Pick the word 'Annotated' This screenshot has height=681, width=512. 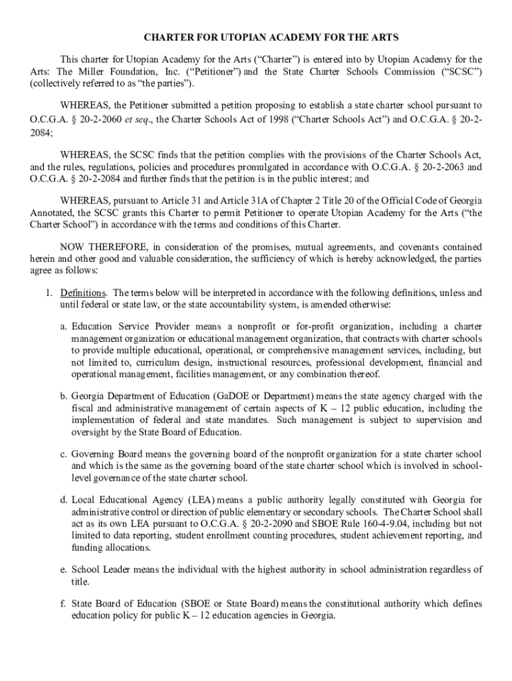[x=51, y=213]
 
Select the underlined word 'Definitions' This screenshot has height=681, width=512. [x=83, y=293]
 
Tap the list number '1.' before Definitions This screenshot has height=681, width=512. [x=49, y=293]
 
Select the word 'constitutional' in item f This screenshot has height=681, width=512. [x=350, y=604]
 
